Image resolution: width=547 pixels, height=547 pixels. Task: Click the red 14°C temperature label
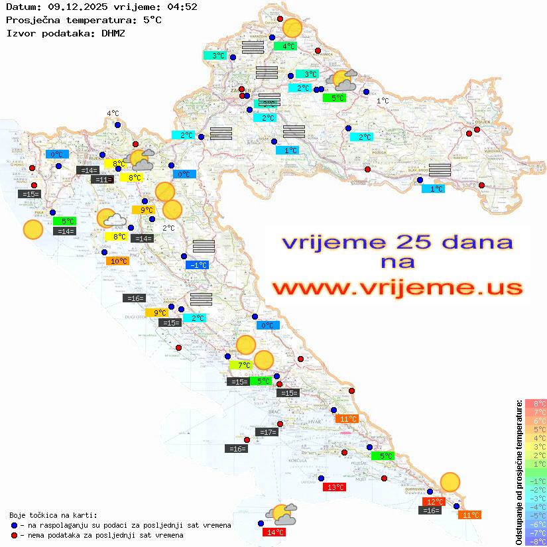point(274,532)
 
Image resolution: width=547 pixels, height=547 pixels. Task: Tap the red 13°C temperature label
point(334,487)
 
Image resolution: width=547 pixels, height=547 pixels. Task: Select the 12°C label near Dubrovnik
point(434,502)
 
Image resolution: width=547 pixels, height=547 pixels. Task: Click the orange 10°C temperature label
point(118,261)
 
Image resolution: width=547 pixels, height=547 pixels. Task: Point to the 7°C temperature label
point(241,365)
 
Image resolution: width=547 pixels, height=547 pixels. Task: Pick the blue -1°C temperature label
point(198,265)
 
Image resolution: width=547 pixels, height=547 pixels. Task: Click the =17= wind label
point(267,432)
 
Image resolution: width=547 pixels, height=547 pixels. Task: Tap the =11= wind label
point(103,180)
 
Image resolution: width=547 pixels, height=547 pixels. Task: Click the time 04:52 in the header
point(181,7)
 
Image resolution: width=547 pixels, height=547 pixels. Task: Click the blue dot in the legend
point(14,525)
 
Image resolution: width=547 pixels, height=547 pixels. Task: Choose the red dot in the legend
point(14,535)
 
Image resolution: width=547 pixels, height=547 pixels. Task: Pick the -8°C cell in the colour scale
point(536,542)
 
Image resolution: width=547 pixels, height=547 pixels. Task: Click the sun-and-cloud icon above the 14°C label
point(281,513)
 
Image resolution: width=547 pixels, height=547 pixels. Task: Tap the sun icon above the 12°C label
point(450,482)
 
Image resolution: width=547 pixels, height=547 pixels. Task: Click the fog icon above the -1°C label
point(204,247)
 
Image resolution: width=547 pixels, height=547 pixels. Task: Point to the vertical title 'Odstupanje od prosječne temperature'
point(519,472)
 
